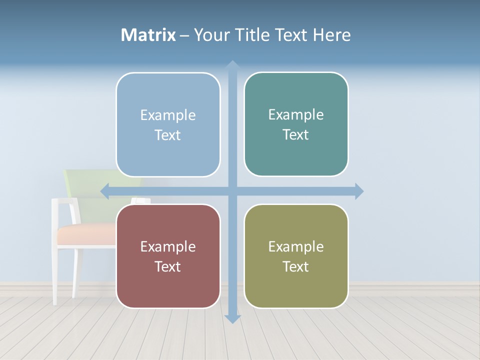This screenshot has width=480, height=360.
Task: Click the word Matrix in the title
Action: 148,35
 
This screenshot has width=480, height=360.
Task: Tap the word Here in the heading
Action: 332,35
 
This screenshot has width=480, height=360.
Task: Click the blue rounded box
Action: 168,124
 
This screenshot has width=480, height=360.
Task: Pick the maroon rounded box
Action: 168,256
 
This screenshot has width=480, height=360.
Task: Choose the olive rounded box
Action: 296,256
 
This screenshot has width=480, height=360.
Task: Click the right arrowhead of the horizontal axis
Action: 359,191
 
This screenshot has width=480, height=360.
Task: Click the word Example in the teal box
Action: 296,114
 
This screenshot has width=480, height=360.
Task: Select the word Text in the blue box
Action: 167,135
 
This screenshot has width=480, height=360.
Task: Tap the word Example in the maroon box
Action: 168,246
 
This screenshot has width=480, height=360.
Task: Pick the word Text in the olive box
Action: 296,266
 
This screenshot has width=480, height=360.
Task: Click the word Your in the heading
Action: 205,35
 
